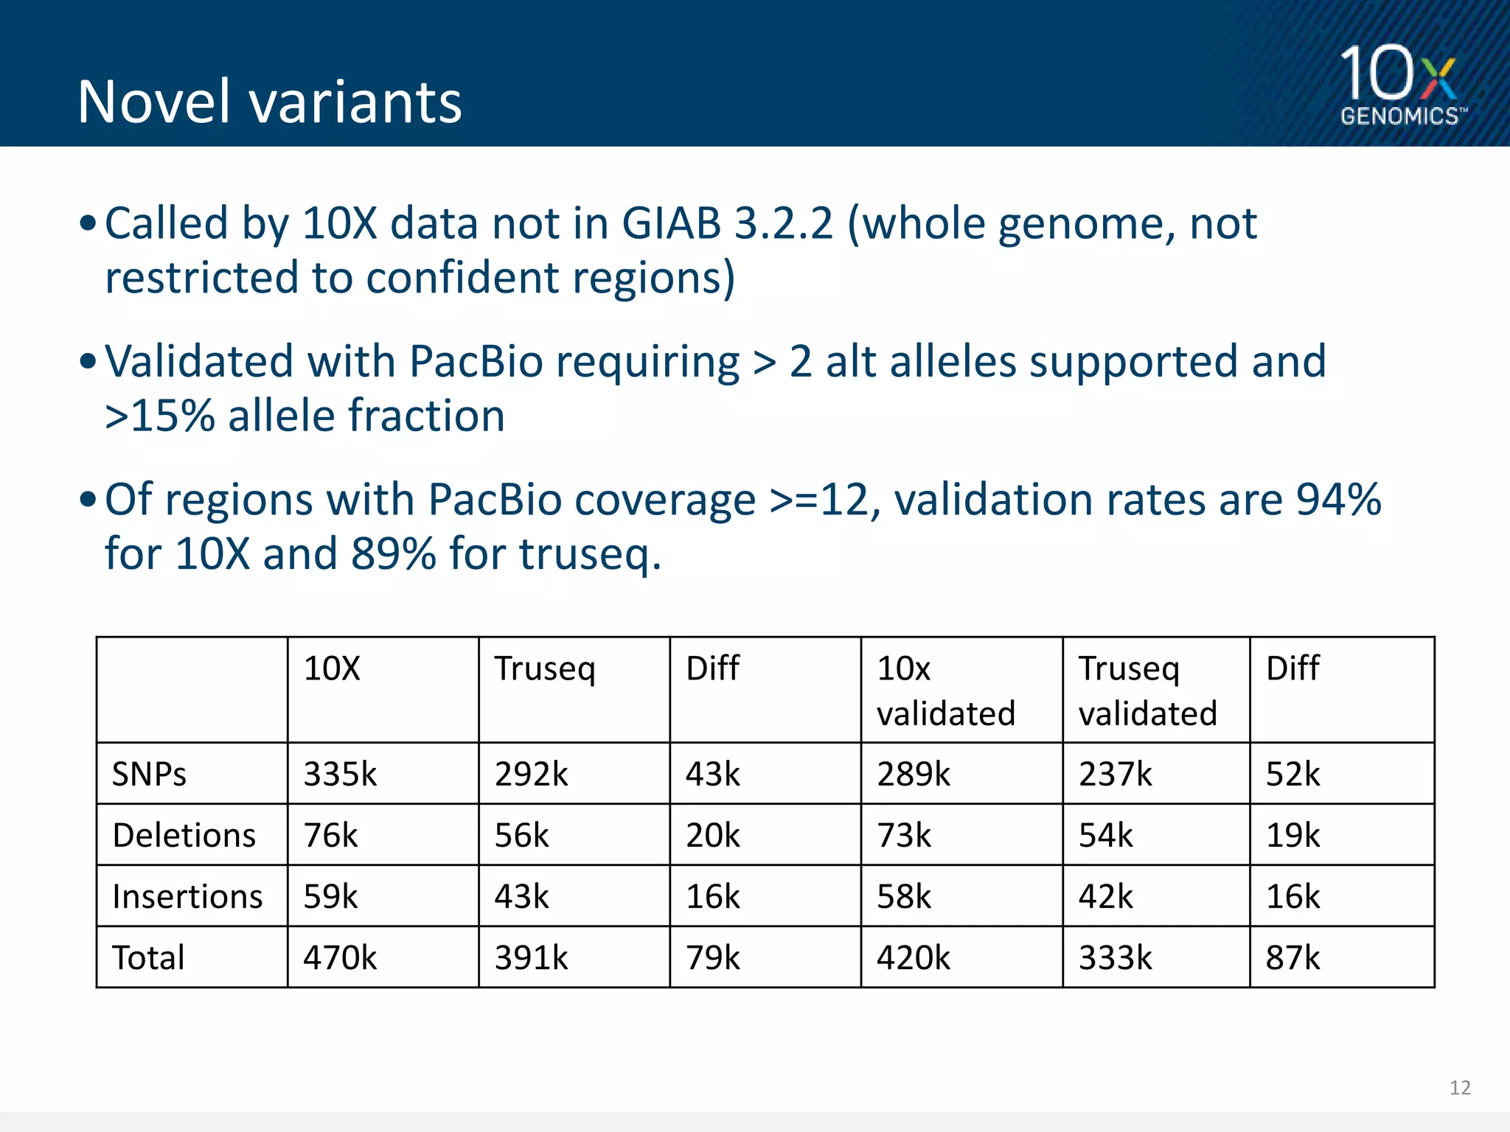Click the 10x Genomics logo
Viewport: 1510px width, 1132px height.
(x=1401, y=85)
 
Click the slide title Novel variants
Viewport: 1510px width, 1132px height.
(x=270, y=102)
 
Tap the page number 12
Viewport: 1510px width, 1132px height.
(x=1459, y=1088)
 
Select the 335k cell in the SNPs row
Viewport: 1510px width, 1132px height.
(x=340, y=774)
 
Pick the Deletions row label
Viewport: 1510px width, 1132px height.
(x=184, y=835)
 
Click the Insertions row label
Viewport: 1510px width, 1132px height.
(x=187, y=896)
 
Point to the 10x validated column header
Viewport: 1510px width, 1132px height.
(x=946, y=691)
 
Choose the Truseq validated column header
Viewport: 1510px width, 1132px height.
(x=1147, y=691)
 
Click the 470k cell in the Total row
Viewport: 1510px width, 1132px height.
(x=340, y=957)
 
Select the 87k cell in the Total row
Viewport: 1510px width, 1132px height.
(x=1292, y=957)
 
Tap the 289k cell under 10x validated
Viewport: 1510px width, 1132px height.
(x=914, y=774)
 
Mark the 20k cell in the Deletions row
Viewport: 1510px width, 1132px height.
(x=712, y=835)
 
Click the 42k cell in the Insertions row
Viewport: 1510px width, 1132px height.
(x=1106, y=896)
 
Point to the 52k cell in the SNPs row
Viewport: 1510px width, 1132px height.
(x=1292, y=774)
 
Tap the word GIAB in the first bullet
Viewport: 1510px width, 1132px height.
(x=671, y=223)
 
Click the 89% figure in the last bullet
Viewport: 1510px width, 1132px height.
(x=393, y=553)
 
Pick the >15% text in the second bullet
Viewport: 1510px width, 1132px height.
(x=159, y=416)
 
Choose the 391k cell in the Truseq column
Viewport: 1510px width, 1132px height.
(x=531, y=957)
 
